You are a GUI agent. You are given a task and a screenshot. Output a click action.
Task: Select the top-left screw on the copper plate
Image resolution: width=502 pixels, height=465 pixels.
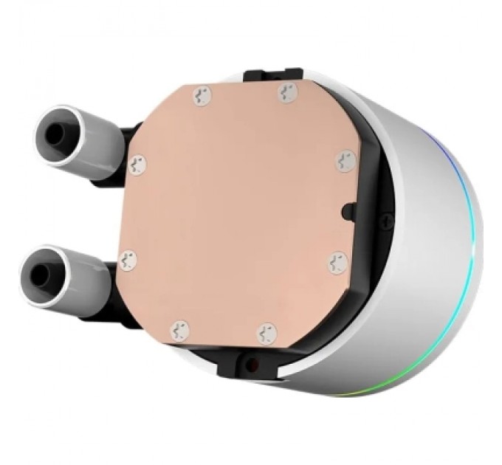201,94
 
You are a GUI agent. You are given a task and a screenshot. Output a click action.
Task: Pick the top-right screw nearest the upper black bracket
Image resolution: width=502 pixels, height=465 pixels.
286,92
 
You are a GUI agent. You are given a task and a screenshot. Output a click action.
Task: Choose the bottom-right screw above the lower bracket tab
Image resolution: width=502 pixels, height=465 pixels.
267,334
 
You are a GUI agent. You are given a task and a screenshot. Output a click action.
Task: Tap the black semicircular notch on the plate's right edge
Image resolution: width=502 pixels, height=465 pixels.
347,211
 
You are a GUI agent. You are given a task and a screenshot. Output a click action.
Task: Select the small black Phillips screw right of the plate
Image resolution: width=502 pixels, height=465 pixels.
387,218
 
